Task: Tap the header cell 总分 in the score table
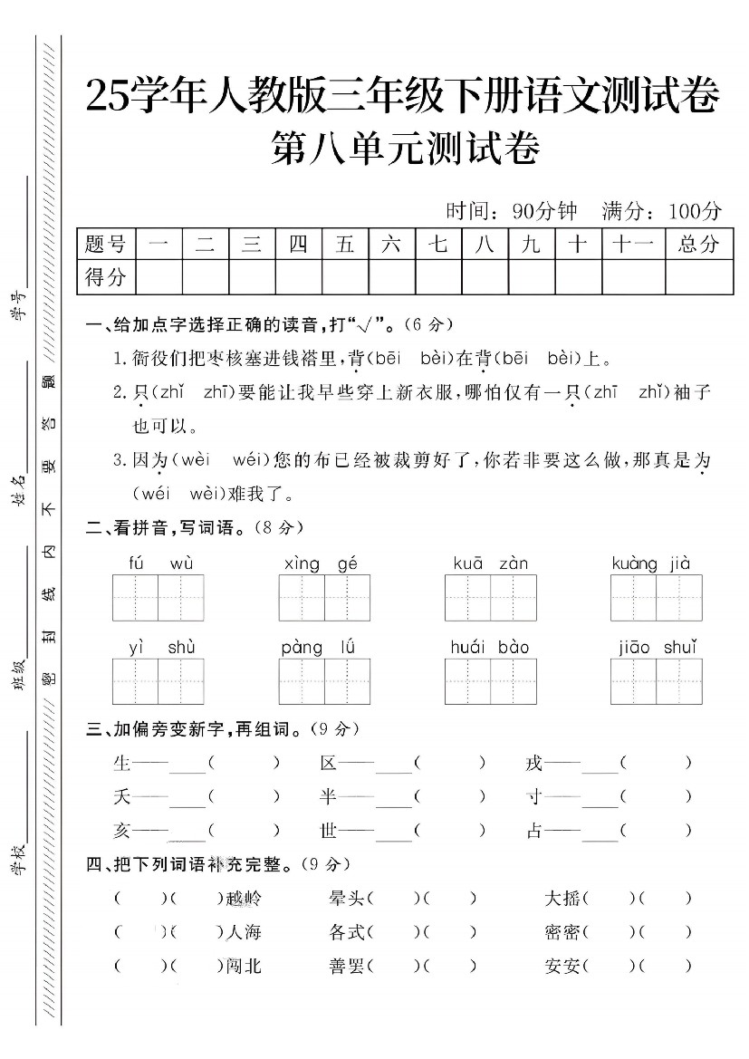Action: tap(698, 244)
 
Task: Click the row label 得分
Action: tap(105, 277)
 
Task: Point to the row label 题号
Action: tap(105, 244)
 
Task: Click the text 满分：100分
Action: tap(662, 211)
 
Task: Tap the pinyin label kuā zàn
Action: tap(490, 563)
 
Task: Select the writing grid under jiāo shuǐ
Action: tap(656, 681)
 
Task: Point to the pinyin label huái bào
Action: tap(490, 647)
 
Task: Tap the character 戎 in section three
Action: tap(534, 764)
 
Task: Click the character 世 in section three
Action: tap(328, 830)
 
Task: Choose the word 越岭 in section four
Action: tap(244, 899)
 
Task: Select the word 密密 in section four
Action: tap(562, 932)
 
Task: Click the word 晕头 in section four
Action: tap(347, 899)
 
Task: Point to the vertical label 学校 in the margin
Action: tap(17, 855)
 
